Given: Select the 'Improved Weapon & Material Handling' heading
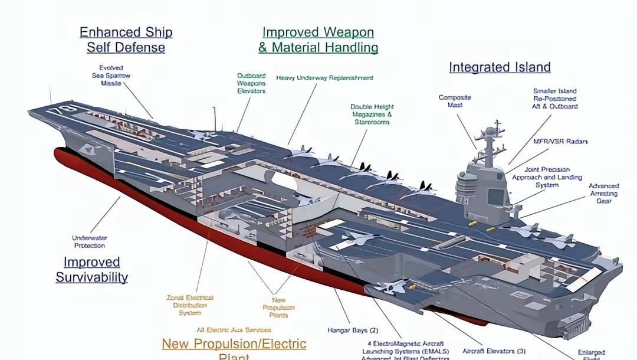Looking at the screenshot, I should coord(318,40).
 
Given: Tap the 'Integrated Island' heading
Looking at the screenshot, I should coord(500,67).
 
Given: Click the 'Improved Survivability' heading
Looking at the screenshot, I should coord(91,269).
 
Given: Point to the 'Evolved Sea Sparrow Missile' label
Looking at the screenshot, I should coord(111,76).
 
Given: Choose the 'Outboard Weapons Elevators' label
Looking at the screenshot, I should coord(251,83).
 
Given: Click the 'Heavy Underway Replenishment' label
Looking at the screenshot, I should coord(324,78).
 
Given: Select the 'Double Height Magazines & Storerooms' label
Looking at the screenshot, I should coord(372,114).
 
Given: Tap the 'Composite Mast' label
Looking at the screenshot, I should coord(455,101).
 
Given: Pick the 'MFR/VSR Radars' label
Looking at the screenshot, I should coord(560,142).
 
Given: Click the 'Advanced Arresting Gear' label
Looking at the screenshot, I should coord(603,193).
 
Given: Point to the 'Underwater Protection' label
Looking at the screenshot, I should coord(90,241).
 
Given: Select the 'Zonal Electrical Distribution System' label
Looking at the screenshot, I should coord(190,305).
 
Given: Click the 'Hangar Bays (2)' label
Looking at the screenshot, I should coord(353,330).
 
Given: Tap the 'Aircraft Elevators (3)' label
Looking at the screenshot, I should coord(494,351).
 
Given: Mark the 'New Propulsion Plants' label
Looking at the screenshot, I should coord(278,307).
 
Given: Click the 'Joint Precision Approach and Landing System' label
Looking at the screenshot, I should coord(547,177).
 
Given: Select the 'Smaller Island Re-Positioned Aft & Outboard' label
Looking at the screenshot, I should coord(554,99).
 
